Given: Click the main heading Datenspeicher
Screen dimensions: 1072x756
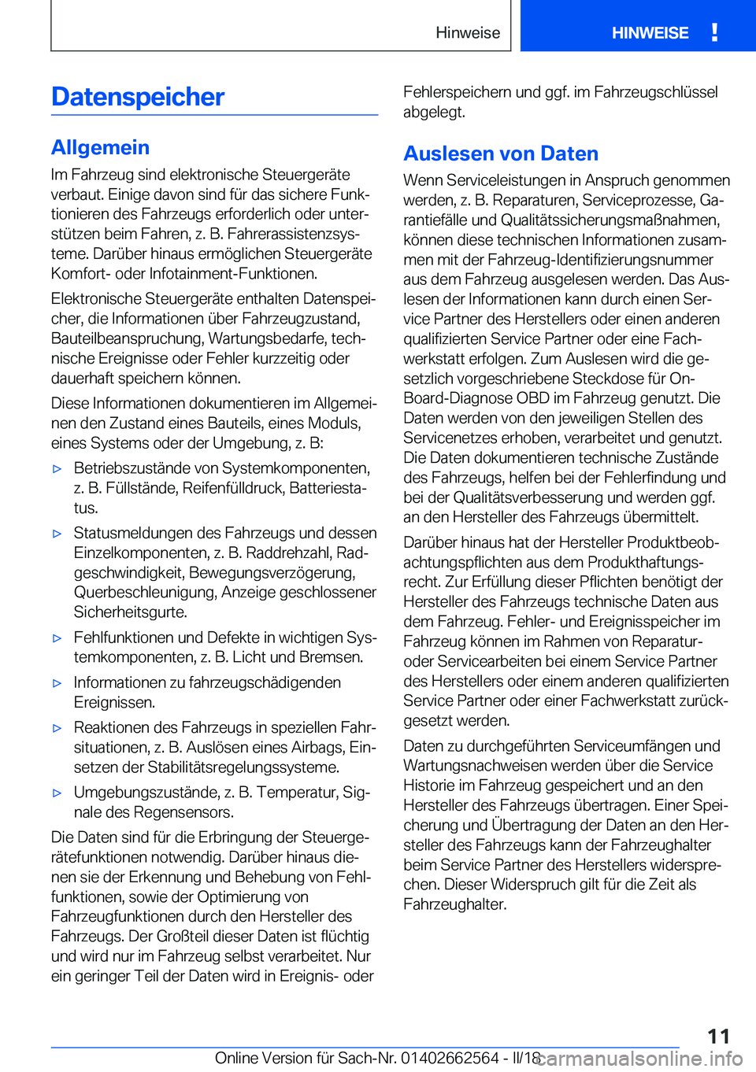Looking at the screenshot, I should tap(138, 97).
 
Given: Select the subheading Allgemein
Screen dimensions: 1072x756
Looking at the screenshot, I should tap(100, 147).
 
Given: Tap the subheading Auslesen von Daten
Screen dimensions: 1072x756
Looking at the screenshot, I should tap(501, 153).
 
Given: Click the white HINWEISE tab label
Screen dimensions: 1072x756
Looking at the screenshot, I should tap(650, 33).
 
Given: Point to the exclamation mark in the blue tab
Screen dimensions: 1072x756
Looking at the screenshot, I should tap(714, 32).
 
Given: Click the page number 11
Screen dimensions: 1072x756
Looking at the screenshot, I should tap(718, 1036).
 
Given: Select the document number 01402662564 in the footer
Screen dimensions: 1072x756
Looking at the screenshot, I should tap(450, 1058).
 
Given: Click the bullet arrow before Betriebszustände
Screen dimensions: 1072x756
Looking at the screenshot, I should tap(57, 469).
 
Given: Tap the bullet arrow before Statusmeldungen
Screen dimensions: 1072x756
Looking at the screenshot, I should tap(57, 534).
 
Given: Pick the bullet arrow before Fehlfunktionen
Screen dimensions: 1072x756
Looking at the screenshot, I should tap(57, 638).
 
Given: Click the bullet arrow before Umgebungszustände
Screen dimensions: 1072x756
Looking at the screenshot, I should tap(57, 793).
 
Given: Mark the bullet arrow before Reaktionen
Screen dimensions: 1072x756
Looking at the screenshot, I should tap(57, 728).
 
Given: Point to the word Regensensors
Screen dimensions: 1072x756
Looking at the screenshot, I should tap(183, 812).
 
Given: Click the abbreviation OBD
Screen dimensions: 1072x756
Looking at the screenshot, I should tap(532, 398).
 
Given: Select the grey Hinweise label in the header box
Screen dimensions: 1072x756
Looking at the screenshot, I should tap(468, 33).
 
